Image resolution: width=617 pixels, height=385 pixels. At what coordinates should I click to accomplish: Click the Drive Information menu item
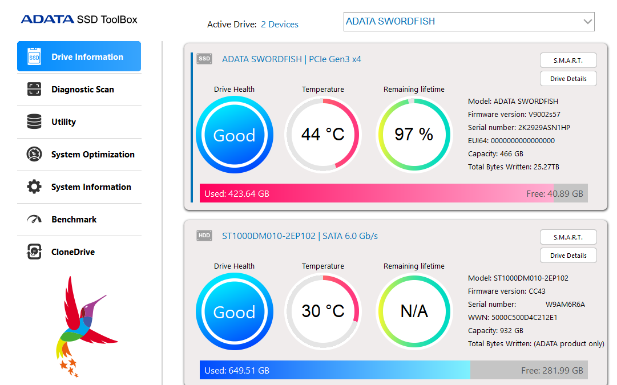pyautogui.click(x=79, y=56)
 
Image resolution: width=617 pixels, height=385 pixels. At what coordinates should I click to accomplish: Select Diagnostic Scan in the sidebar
pyautogui.click(x=79, y=90)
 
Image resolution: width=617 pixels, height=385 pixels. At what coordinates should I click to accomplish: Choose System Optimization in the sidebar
pyautogui.click(x=79, y=155)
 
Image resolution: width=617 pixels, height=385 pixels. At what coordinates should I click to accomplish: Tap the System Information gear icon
pyautogui.click(x=34, y=187)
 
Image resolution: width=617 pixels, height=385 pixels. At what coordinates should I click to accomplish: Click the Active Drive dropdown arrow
pyautogui.click(x=587, y=22)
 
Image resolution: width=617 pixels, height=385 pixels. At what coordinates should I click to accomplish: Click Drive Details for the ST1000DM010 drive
pyautogui.click(x=568, y=256)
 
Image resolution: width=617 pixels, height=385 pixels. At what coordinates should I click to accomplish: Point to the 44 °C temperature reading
pyautogui.click(x=322, y=135)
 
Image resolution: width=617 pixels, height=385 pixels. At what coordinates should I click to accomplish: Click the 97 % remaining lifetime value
pyautogui.click(x=414, y=135)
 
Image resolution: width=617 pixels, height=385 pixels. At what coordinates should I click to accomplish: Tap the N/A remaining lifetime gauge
pyautogui.click(x=414, y=311)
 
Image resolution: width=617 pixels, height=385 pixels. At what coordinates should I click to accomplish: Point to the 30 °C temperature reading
pyautogui.click(x=322, y=311)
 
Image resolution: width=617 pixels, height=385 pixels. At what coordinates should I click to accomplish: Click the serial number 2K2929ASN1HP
pyautogui.click(x=544, y=128)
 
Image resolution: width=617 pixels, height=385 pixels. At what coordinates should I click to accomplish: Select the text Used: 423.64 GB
pyautogui.click(x=237, y=194)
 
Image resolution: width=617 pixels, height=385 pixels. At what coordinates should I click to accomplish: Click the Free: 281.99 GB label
pyautogui.click(x=552, y=371)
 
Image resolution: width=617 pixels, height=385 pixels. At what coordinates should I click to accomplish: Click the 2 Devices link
pyautogui.click(x=280, y=25)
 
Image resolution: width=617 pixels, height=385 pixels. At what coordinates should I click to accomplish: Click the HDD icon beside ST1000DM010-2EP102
pyautogui.click(x=204, y=236)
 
